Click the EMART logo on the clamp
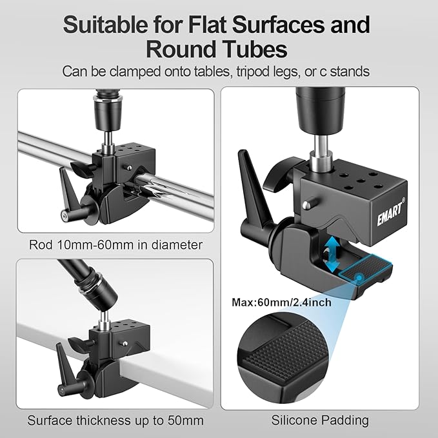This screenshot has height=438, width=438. (x=390, y=212)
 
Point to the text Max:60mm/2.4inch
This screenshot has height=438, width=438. (x=281, y=303)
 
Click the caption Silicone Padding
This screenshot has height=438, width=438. (x=320, y=421)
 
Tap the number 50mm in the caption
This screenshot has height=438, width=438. (x=186, y=421)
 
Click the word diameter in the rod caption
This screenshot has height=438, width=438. (x=177, y=245)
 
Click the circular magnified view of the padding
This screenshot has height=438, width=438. (x=283, y=357)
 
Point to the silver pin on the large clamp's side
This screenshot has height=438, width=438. (x=308, y=203)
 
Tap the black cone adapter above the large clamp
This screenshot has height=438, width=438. (x=321, y=110)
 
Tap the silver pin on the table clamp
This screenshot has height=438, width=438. (x=125, y=343)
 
